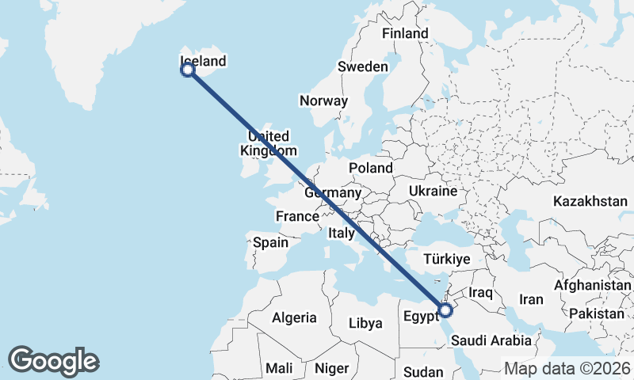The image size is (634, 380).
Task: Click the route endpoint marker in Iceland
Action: coord(188,70)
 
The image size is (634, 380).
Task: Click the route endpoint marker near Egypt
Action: coord(445,310)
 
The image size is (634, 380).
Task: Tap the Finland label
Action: coord(404,33)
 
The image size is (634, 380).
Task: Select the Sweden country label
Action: coord(363,66)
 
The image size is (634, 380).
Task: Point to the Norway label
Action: coord(323,101)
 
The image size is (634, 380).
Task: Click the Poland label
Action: coord(371,168)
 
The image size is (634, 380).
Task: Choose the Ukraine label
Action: coord(433,191)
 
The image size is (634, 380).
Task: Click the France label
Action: coord(296,216)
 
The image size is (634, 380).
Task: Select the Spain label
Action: coord(271,243)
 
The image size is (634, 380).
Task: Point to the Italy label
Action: coord(342,234)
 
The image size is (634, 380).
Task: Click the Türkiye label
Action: coord(448,259)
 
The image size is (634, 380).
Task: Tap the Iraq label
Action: coord(481,293)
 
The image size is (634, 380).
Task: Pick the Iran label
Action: coord(530,299)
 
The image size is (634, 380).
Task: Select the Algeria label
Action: coord(294,317)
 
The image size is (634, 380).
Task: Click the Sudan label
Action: coord(423,371)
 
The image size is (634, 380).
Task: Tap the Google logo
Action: coord(53,361)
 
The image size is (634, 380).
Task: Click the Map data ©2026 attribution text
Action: coord(567,368)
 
